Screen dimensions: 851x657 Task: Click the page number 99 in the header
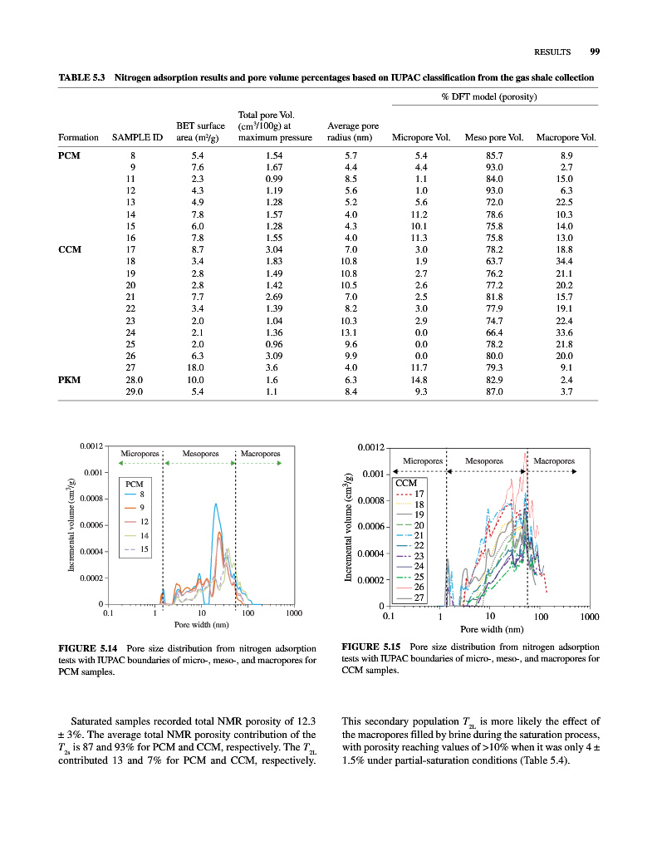tap(594, 52)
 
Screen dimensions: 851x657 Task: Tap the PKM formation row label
tap(70, 379)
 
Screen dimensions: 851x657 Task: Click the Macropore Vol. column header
tap(566, 137)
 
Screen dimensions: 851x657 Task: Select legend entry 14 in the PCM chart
tap(143, 535)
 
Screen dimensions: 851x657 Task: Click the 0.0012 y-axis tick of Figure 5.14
tap(91, 446)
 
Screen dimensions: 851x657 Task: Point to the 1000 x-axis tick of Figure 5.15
tap(590, 617)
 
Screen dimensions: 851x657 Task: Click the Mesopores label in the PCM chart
tap(200, 454)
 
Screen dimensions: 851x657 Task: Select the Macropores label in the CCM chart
tap(555, 460)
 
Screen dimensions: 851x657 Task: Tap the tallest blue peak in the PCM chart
tap(216, 504)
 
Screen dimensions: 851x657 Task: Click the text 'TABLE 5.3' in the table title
tap(81, 78)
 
